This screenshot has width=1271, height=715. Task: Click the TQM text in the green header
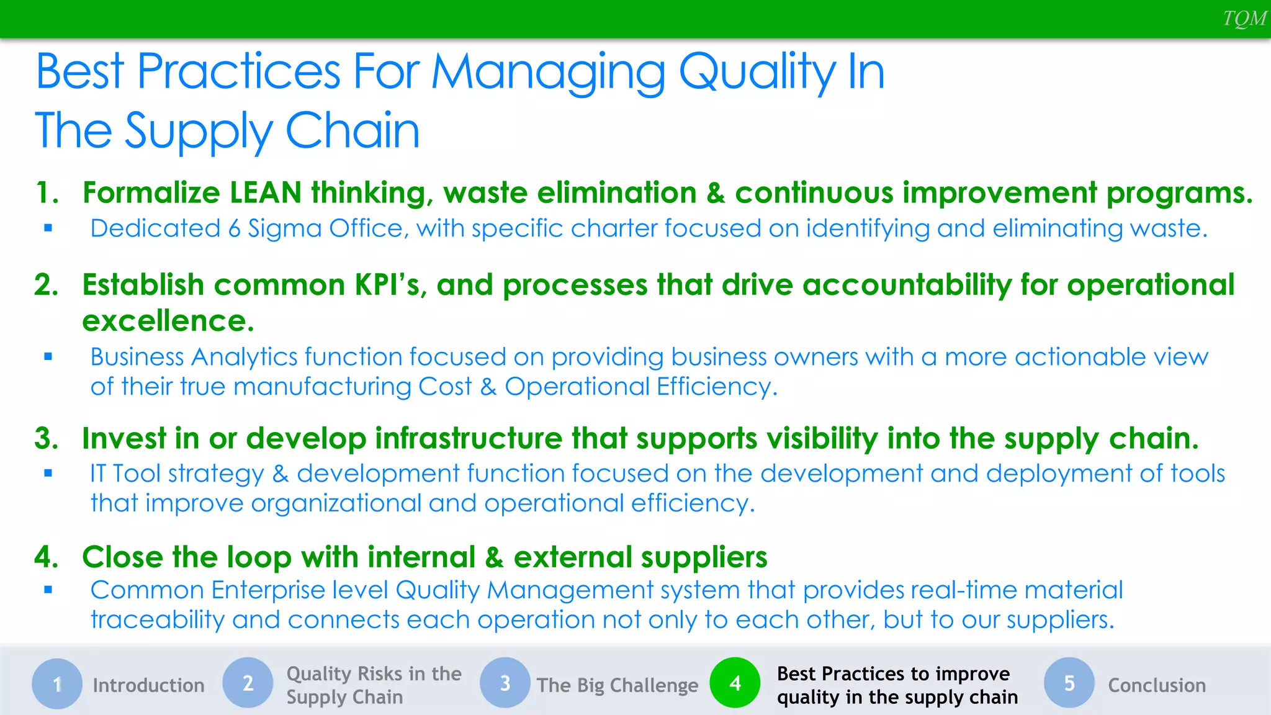(1244, 19)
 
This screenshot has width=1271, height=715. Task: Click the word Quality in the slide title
(757, 73)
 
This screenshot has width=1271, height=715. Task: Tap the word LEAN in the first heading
(266, 193)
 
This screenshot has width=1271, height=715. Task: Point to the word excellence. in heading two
(168, 322)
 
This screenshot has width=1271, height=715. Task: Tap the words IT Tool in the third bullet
(127, 474)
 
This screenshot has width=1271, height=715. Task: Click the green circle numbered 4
(735, 683)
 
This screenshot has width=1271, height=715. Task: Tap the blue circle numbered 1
(57, 684)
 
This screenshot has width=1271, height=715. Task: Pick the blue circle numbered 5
(1069, 683)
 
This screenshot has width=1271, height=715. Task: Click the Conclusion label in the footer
(1157, 685)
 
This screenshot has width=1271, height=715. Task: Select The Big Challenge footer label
(618, 685)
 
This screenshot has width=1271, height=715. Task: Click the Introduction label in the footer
(148, 685)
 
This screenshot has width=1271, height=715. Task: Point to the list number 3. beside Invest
(47, 439)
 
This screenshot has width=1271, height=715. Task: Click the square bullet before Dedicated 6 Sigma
(48, 228)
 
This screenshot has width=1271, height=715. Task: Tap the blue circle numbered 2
(248, 683)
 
